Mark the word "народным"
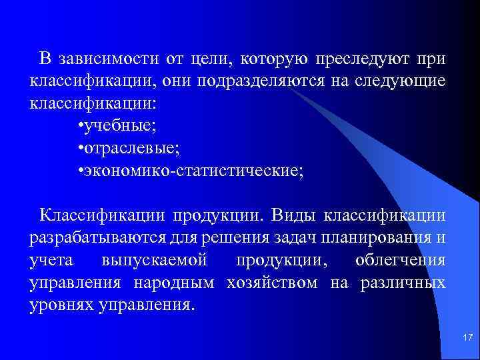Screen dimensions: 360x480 tap(174, 283)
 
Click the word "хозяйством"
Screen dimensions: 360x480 tap(272, 283)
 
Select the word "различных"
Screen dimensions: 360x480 tap(403, 283)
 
